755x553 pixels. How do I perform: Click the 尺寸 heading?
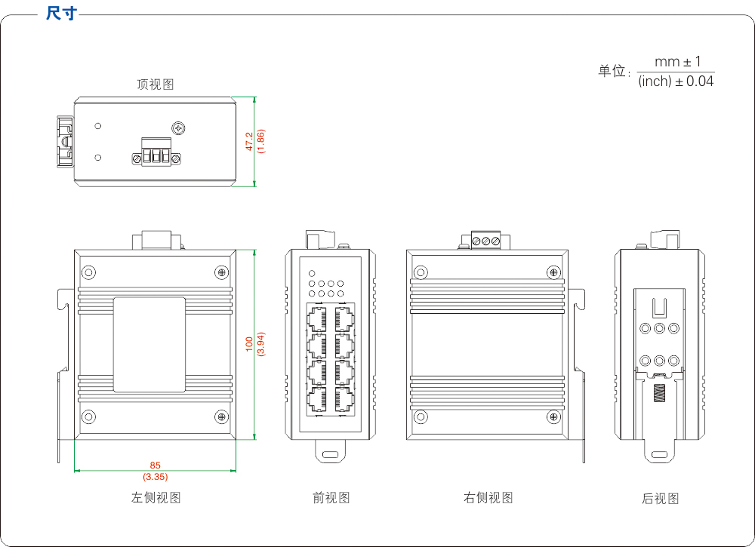point(61,14)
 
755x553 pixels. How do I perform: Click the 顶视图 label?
point(156,84)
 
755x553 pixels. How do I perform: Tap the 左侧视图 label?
point(156,497)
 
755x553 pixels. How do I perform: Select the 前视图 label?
point(331,497)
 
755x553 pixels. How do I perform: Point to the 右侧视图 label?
point(488,497)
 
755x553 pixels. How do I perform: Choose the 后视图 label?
point(661,498)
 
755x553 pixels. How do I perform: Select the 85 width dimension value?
point(156,465)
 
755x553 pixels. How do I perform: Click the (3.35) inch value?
point(156,477)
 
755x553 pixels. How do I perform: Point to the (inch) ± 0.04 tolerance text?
point(676,81)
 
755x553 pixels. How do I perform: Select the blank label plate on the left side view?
point(149,344)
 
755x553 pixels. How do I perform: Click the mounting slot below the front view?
point(330,454)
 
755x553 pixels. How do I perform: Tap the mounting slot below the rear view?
point(659,454)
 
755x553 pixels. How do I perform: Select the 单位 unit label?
point(612,71)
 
